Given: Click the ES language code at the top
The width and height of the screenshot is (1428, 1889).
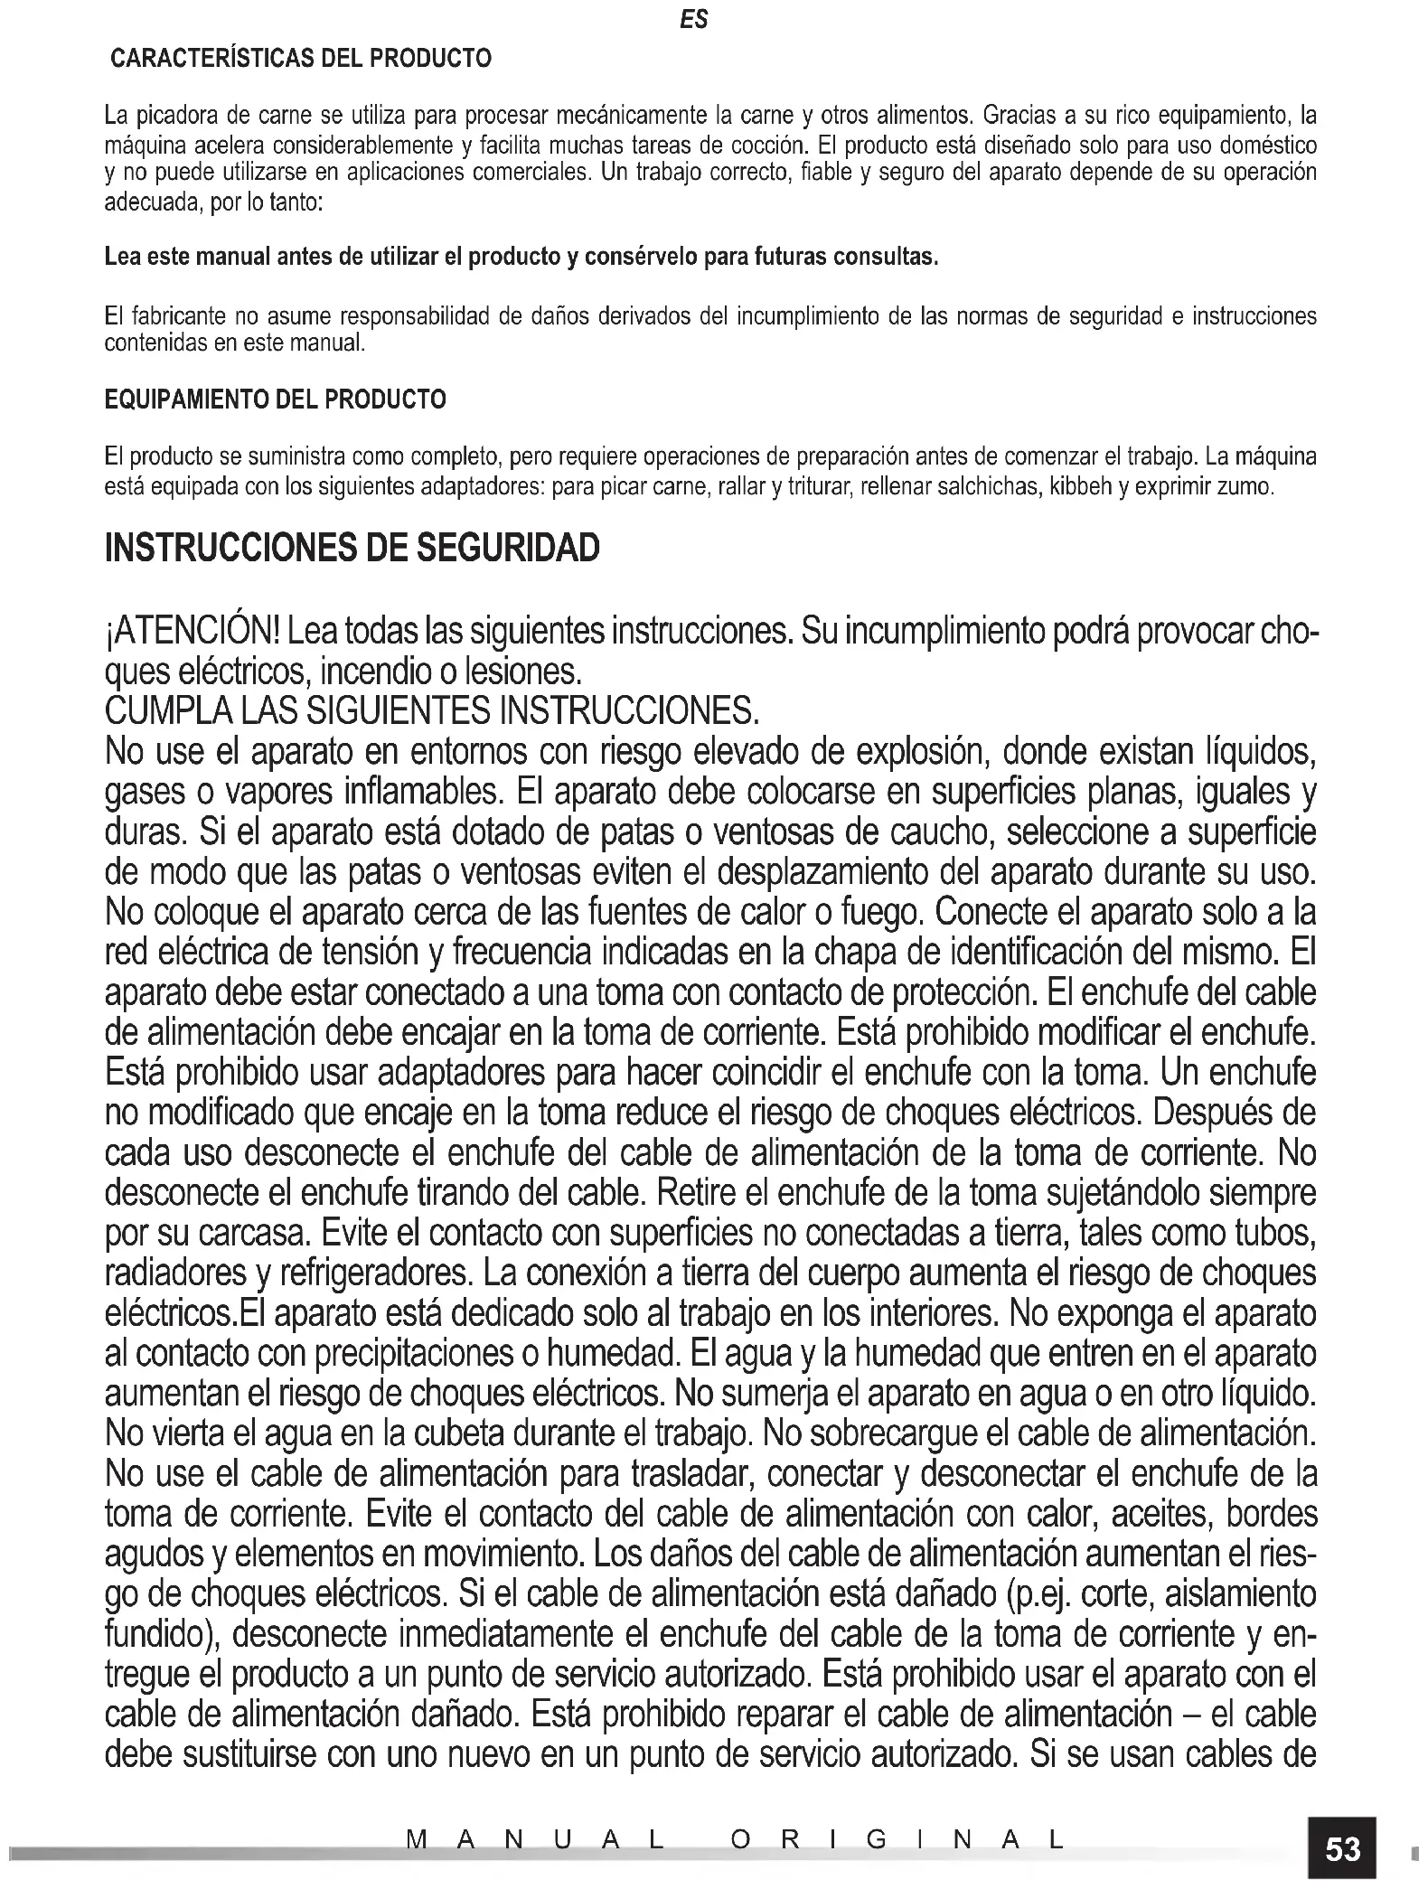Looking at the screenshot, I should [694, 20].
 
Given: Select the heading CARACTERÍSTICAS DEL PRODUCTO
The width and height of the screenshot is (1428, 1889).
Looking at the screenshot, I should [301, 60].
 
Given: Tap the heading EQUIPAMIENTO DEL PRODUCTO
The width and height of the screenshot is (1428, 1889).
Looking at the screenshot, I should [276, 399].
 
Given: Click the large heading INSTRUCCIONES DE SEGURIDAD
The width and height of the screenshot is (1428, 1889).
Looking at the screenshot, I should [352, 549].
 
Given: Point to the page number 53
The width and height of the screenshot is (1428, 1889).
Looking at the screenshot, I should [1342, 1848].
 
